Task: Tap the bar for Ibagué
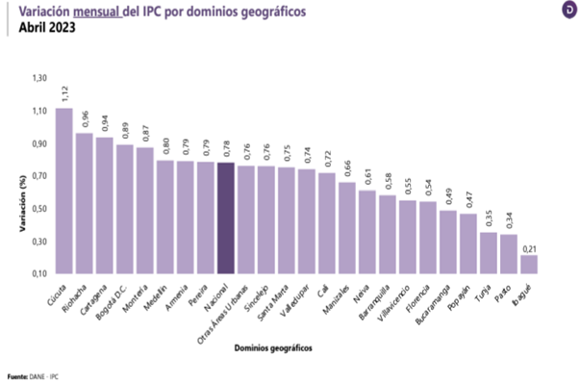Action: tap(529, 265)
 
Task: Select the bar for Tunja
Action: tap(489, 253)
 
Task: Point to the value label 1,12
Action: tap(64, 94)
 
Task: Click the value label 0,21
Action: tap(529, 248)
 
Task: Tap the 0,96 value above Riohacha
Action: tap(85, 120)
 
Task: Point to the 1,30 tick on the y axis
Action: tap(38, 78)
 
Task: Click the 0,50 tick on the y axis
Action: tap(38, 209)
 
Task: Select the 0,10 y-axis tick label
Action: tap(38, 274)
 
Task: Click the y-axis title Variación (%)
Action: tap(16, 203)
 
